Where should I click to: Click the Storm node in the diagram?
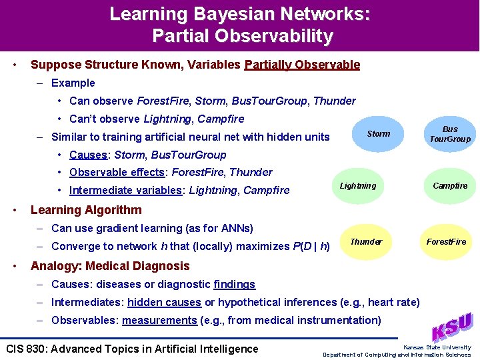click(x=378, y=134)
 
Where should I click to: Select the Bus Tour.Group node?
click(x=450, y=134)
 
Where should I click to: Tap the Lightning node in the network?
click(x=358, y=186)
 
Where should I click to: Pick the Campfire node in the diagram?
click(x=450, y=186)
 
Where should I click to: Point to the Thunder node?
click(x=366, y=241)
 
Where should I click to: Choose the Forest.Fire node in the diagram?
click(x=447, y=241)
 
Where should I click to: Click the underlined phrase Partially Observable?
click(x=302, y=65)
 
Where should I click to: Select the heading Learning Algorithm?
click(x=86, y=210)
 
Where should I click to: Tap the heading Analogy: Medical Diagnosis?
click(x=110, y=266)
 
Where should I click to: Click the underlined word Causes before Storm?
click(x=88, y=155)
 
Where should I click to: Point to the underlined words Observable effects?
click(x=117, y=172)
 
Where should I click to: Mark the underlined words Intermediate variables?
click(x=125, y=190)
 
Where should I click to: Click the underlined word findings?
click(x=234, y=284)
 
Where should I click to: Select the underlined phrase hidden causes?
click(x=164, y=302)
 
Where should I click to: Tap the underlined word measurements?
click(x=159, y=320)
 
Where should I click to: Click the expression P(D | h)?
click(x=311, y=246)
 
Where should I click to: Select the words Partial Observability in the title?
click(x=242, y=36)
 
